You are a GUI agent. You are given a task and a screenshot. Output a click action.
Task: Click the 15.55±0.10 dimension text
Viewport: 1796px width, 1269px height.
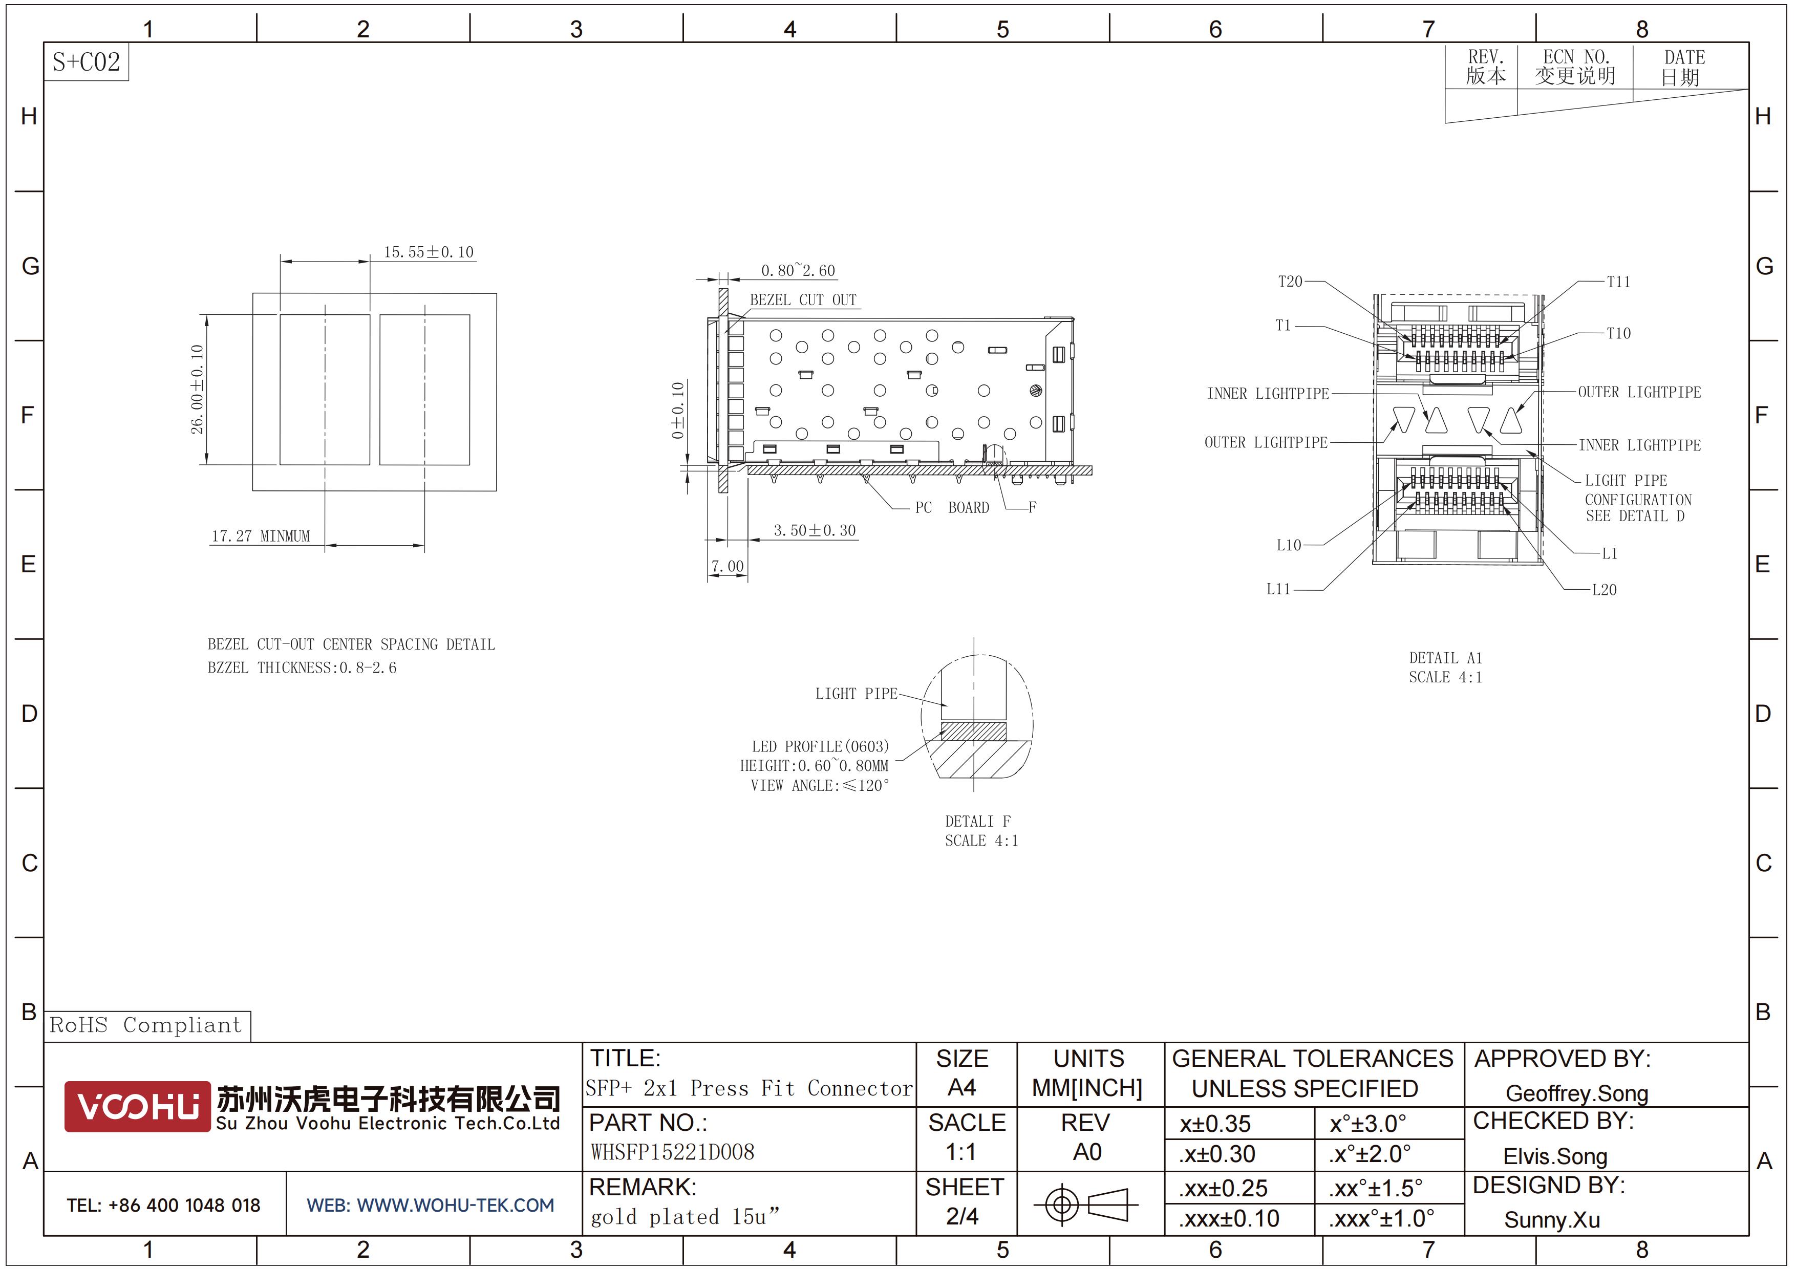pos(429,252)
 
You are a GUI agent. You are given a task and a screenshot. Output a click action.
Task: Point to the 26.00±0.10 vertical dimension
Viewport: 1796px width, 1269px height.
pos(197,390)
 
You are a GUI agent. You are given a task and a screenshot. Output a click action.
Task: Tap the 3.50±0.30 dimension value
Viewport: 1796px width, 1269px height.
pos(815,530)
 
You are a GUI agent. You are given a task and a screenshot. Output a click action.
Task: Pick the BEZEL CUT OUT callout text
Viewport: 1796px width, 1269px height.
pos(803,299)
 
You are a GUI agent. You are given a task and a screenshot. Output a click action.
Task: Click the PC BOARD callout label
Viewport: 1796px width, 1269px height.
pos(952,507)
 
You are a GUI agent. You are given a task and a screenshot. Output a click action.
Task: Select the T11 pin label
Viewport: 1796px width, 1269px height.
pos(1618,282)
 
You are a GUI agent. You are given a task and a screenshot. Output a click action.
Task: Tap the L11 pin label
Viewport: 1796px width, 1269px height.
pos(1279,589)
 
